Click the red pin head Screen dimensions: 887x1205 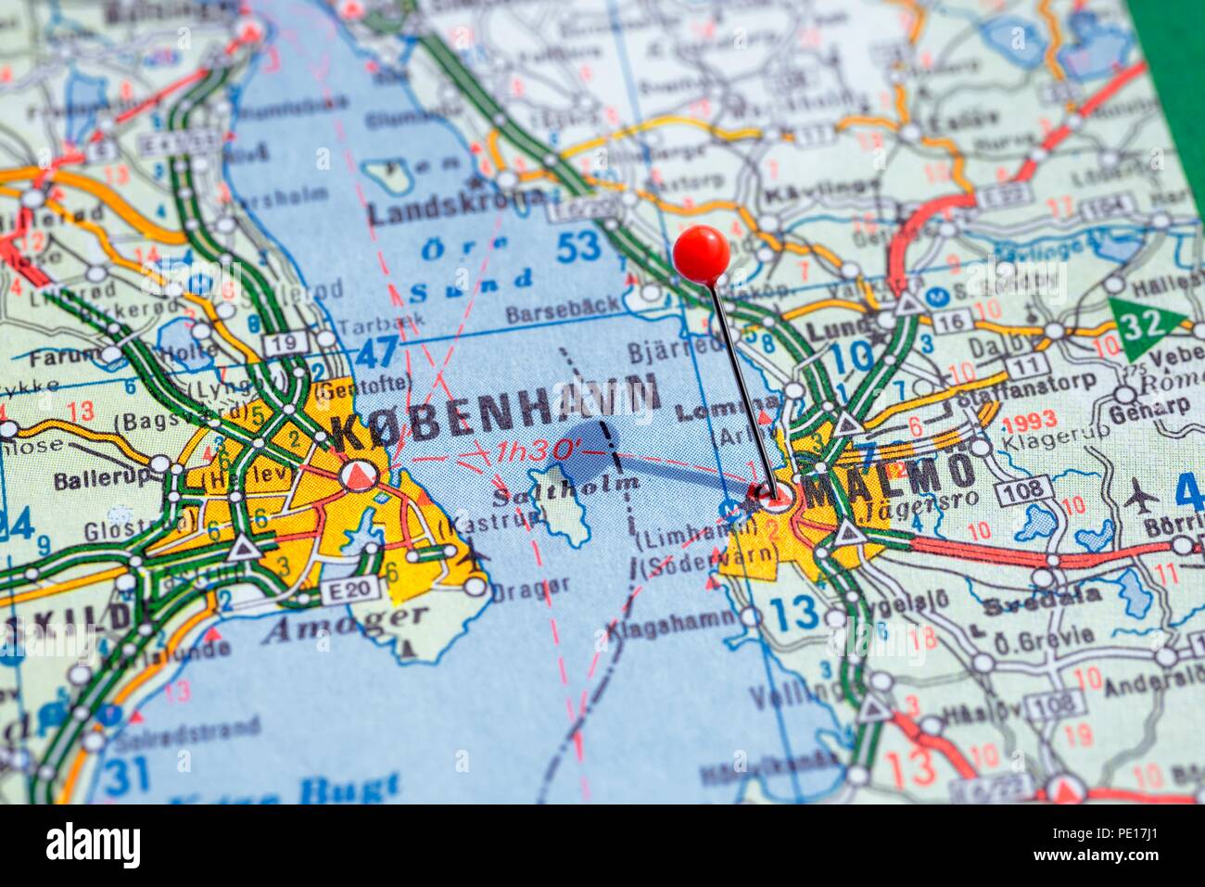701,253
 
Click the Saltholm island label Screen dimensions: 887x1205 565,488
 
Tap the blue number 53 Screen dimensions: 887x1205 578,247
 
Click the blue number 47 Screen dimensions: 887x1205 375,353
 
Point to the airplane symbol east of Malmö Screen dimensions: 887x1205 1141,498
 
